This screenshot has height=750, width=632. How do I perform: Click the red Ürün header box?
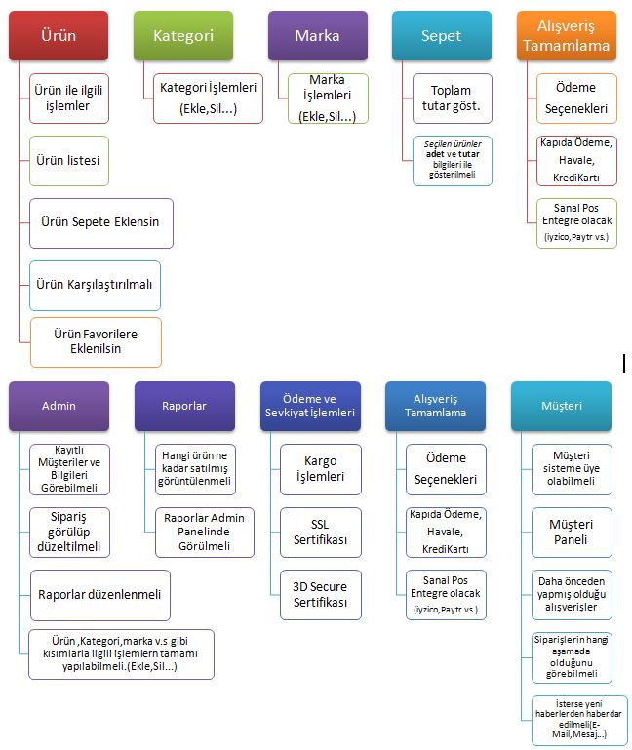pos(59,36)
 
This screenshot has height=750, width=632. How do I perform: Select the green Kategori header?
pos(183,36)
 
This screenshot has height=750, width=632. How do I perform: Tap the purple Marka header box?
pos(317,36)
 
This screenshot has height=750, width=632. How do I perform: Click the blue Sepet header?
pos(441,36)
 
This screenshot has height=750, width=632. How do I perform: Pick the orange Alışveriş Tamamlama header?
pos(566,36)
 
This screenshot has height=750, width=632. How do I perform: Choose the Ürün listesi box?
pos(69,159)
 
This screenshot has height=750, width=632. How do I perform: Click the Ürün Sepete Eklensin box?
pos(100,222)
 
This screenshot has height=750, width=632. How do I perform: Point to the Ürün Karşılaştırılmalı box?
pos(95,285)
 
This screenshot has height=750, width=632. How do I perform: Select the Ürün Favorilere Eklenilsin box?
pos(96,341)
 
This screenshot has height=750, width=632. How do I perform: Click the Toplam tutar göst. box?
pos(452,99)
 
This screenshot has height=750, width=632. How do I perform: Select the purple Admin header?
pos(59,405)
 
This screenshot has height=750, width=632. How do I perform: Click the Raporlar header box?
pos(184,405)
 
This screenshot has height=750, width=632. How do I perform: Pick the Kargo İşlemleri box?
pos(321,469)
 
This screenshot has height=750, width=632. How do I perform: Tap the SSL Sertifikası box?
pos(321,532)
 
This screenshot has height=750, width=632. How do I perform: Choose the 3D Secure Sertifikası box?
pos(321,594)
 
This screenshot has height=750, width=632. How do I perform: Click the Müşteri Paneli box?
pos(572,532)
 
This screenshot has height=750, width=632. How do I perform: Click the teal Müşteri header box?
pos(561,405)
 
